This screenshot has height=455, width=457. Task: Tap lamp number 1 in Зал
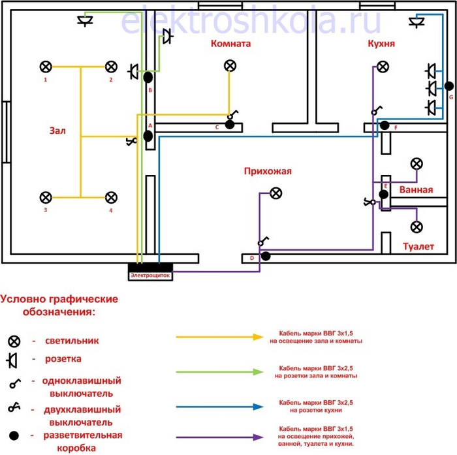(x=46, y=67)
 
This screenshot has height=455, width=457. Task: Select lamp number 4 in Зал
(x=111, y=197)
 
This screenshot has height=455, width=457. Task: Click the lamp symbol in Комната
(x=230, y=66)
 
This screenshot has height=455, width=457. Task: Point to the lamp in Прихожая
(x=276, y=193)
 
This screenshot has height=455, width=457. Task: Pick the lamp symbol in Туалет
(x=416, y=227)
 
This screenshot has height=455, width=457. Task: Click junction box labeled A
(x=148, y=136)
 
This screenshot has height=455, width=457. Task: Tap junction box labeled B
(x=149, y=77)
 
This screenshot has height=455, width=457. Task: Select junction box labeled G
(x=449, y=86)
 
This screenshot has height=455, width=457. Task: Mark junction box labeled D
(x=266, y=256)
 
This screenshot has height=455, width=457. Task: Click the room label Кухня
(x=381, y=43)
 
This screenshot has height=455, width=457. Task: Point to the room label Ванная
(x=416, y=191)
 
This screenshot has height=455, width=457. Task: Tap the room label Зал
(x=57, y=130)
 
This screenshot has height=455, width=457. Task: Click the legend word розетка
(x=64, y=359)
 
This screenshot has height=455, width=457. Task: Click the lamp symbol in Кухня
(x=383, y=67)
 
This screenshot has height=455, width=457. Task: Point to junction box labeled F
(x=385, y=125)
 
